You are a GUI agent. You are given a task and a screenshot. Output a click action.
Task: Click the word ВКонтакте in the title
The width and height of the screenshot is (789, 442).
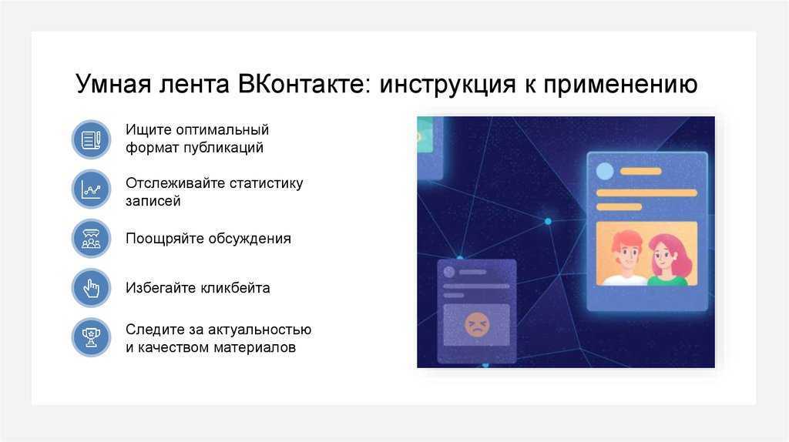pos(304,83)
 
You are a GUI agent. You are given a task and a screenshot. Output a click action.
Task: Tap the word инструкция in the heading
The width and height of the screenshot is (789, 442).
pos(448,85)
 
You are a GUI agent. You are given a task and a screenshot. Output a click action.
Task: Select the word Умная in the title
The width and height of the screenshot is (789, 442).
pos(113,83)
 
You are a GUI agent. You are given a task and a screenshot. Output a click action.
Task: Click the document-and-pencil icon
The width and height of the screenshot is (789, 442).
pos(91,139)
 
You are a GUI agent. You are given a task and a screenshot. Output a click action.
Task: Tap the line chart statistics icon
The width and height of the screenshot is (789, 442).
pos(91,189)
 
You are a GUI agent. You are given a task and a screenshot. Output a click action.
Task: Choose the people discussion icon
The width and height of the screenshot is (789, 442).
pos(91,239)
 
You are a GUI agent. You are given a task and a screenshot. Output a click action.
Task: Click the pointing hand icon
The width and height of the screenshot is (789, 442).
pos(91,288)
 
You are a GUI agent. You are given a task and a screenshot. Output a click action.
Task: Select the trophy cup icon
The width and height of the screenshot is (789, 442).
pos(91,337)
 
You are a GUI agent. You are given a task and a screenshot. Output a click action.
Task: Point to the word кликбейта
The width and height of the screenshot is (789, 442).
pos(236,288)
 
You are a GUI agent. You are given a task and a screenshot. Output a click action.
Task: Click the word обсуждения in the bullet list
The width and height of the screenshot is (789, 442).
pos(250,239)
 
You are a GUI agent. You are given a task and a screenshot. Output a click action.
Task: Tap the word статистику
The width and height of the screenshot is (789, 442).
pos(266,183)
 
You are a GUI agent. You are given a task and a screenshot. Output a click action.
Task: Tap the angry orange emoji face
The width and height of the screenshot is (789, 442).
pos(476,324)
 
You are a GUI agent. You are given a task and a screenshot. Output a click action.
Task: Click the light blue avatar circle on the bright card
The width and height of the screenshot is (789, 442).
pos(605,172)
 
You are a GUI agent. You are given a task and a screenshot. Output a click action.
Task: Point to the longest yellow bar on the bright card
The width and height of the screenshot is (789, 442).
pos(646,193)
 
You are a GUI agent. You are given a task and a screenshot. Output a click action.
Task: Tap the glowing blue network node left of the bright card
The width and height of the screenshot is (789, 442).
pos(548,221)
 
